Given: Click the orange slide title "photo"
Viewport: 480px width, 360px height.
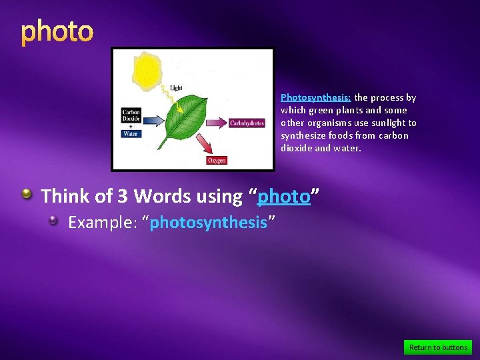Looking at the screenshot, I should [x=57, y=32].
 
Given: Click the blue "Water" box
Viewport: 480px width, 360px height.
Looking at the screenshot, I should [x=131, y=133].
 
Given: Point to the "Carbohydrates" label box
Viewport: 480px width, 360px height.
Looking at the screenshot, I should [x=247, y=123].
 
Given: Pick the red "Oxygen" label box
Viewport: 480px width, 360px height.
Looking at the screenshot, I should [x=216, y=160].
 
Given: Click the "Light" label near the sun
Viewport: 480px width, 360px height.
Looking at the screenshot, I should [x=176, y=88].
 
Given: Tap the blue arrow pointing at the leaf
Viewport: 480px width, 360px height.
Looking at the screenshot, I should [x=153, y=121].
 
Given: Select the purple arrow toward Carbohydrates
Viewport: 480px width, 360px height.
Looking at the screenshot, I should [x=215, y=123].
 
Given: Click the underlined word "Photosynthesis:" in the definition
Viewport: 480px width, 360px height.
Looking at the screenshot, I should [x=315, y=97].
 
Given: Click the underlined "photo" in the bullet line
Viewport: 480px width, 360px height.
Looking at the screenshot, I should [x=284, y=197].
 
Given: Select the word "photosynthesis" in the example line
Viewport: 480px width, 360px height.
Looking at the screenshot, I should [x=208, y=223].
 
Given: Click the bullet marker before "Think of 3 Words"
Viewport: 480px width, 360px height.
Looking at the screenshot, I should [x=27, y=195].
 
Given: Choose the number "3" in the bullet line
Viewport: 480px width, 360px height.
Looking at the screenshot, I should [x=122, y=197].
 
